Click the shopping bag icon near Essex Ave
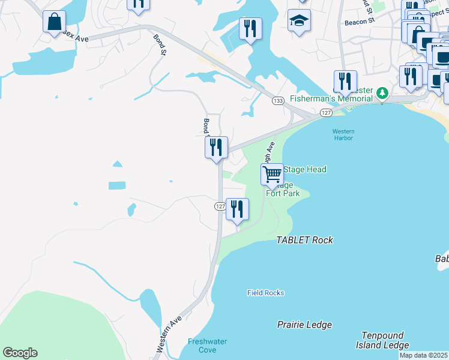pyautogui.click(x=54, y=22)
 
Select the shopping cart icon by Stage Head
pyautogui.click(x=273, y=175)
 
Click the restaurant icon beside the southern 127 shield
pyautogui.click(x=238, y=209)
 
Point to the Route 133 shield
pyautogui.click(x=277, y=101)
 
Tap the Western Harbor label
pyautogui.click(x=343, y=134)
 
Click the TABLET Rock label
pyautogui.click(x=304, y=240)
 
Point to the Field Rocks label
pyautogui.click(x=265, y=293)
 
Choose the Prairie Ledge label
pyautogui.click(x=304, y=325)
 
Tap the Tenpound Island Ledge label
pyautogui.click(x=385, y=340)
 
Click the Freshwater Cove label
pyautogui.click(x=207, y=346)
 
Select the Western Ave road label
pyautogui.click(x=169, y=334)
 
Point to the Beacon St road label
pyautogui.click(x=360, y=20)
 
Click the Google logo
pyautogui.click(x=20, y=353)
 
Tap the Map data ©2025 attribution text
pyautogui.click(x=424, y=355)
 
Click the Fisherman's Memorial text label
pyautogui.click(x=332, y=98)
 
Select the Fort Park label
pyautogui.click(x=283, y=193)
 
